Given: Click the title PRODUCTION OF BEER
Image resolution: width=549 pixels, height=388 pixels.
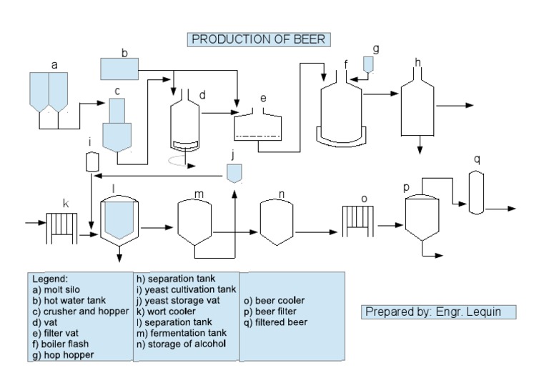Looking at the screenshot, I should [259, 39].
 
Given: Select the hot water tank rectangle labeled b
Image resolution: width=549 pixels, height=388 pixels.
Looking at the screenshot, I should [119, 69].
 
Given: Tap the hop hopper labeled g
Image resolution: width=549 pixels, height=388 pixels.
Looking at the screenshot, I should [368, 64].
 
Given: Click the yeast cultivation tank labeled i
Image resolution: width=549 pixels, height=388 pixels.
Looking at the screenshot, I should [91, 162].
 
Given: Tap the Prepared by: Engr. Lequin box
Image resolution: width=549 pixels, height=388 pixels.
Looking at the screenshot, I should [439, 312].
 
